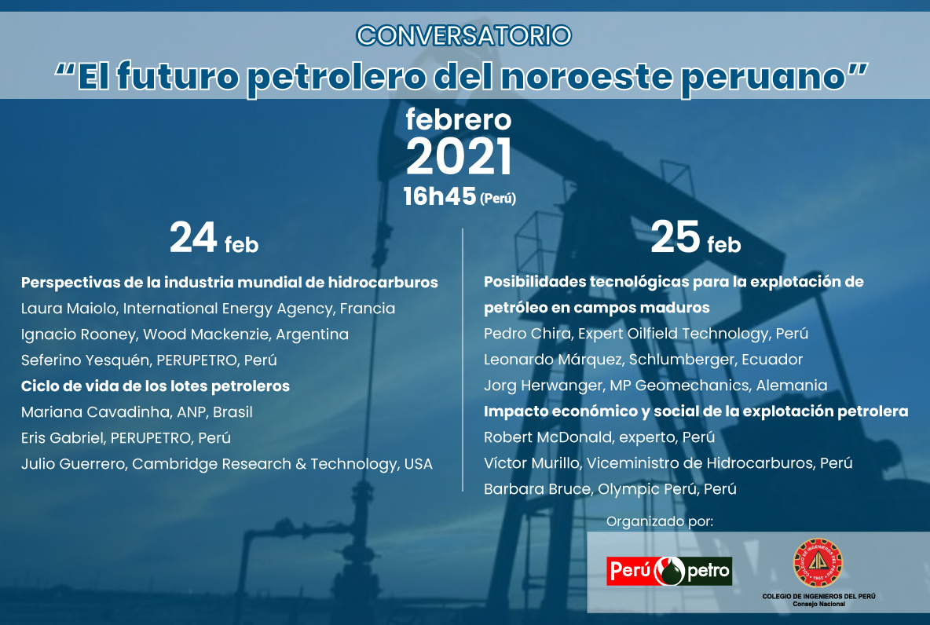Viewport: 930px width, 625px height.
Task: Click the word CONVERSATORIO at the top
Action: (463, 35)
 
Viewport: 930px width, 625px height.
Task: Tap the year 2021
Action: (459, 156)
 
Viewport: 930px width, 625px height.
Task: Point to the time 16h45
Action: (440, 196)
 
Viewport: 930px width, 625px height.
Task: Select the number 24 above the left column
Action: (193, 237)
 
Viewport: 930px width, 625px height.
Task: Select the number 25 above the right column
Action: (676, 237)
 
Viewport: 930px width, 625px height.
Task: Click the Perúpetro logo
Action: (669, 571)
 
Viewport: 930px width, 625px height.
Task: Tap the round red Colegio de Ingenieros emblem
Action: (818, 563)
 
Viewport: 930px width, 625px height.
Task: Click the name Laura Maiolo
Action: (68, 309)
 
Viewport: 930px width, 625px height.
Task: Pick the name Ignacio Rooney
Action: (79, 334)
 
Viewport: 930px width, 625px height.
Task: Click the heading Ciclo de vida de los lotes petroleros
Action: (156, 386)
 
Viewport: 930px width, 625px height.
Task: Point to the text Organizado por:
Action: (660, 522)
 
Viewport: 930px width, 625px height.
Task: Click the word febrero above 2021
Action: (459, 120)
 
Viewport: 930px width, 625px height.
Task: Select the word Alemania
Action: (791, 386)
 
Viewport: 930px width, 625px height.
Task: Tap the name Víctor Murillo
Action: (532, 463)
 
